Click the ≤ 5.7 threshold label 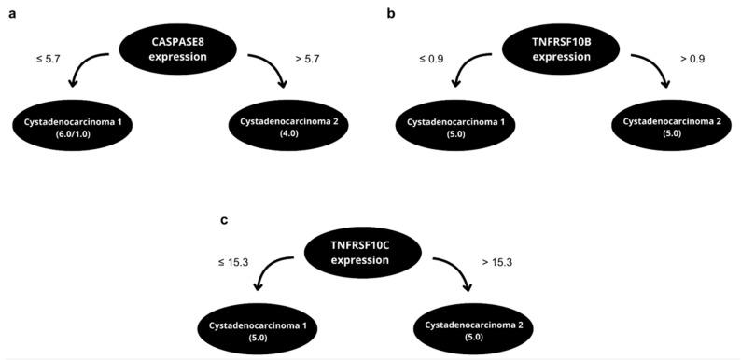click(x=49, y=59)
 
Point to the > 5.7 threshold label click(x=307, y=59)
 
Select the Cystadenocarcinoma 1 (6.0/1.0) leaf click(x=72, y=128)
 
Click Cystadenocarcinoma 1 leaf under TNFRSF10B click(x=452, y=128)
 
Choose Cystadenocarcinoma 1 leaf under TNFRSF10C click(x=255, y=330)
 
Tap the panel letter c click(x=224, y=220)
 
